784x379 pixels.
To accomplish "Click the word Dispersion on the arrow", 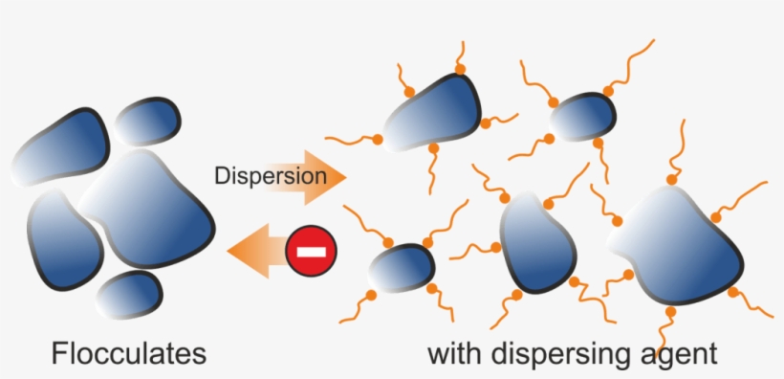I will (270, 176).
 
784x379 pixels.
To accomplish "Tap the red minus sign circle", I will (312, 252).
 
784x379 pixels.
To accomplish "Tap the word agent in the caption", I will (678, 354).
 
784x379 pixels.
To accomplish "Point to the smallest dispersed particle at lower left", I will (402, 267).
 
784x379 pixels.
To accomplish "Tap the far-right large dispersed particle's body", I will (683, 243).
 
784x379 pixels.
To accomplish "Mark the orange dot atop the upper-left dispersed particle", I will (460, 70).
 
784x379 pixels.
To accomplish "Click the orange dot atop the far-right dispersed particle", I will (669, 179).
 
